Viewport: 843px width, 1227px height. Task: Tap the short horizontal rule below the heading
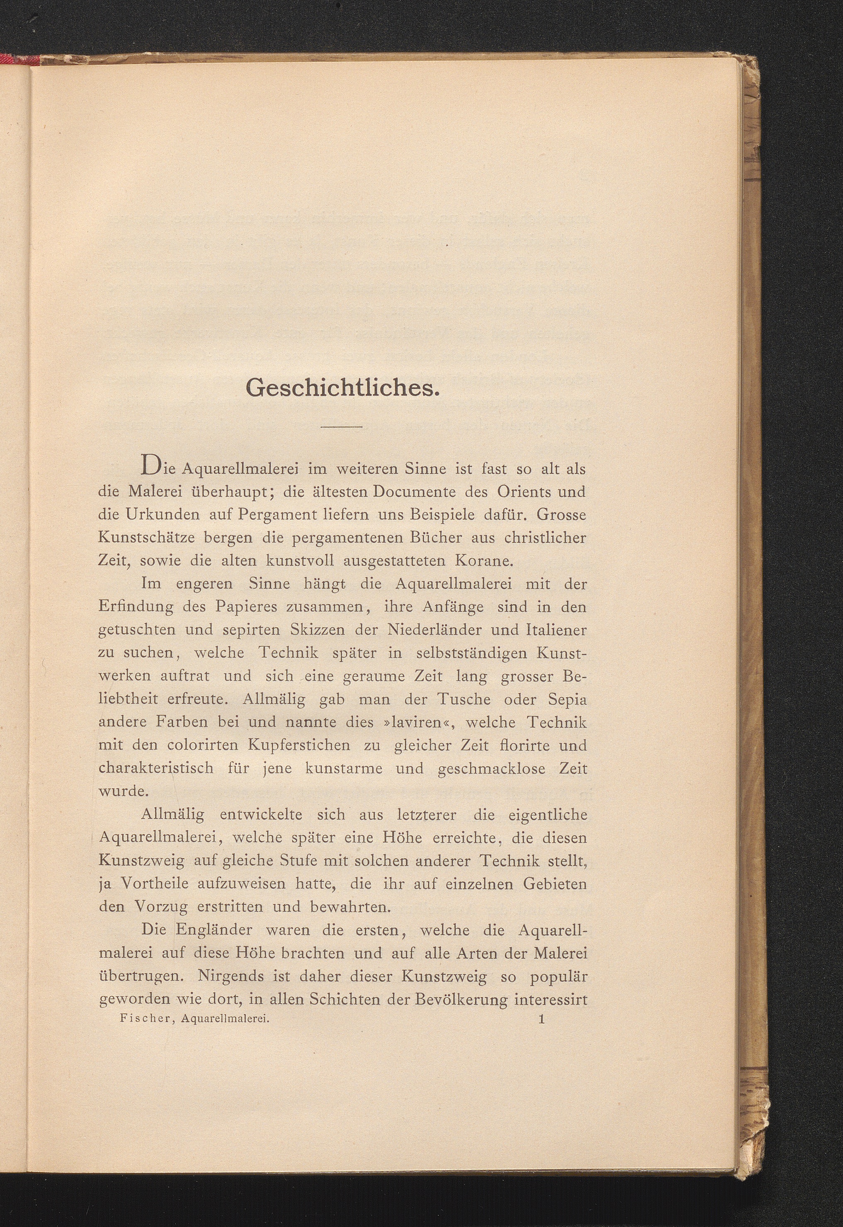[x=342, y=426]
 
